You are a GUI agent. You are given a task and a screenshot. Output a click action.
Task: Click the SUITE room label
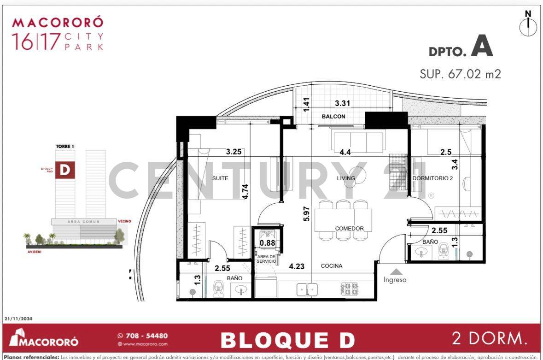tap(220, 178)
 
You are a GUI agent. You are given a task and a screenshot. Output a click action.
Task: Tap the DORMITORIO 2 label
tap(432, 178)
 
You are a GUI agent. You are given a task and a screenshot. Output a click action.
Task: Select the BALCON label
tap(333, 117)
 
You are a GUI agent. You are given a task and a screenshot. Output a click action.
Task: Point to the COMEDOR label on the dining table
tap(349, 229)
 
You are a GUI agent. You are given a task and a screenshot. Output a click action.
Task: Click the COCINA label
tap(332, 266)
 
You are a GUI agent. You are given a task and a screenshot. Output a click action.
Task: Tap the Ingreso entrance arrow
tap(395, 272)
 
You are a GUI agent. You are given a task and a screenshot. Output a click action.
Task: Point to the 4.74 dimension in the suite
tap(246, 191)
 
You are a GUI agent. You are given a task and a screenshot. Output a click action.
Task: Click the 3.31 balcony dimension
tap(343, 104)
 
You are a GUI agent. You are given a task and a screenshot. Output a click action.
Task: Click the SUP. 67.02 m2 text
tap(460, 74)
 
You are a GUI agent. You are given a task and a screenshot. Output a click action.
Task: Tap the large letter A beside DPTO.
tap(482, 48)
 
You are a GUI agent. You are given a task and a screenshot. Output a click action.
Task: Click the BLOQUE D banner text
tap(288, 340)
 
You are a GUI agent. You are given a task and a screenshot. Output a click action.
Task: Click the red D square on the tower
tap(65, 170)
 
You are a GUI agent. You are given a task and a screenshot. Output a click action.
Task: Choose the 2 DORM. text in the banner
tap(489, 339)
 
